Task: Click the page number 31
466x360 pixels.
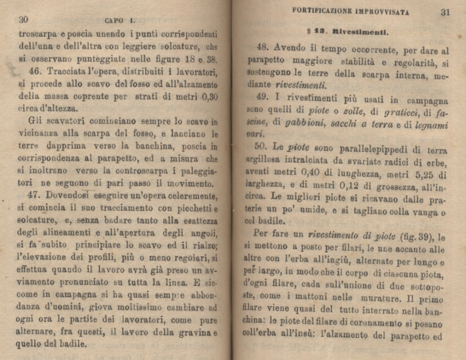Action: coord(445,11)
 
